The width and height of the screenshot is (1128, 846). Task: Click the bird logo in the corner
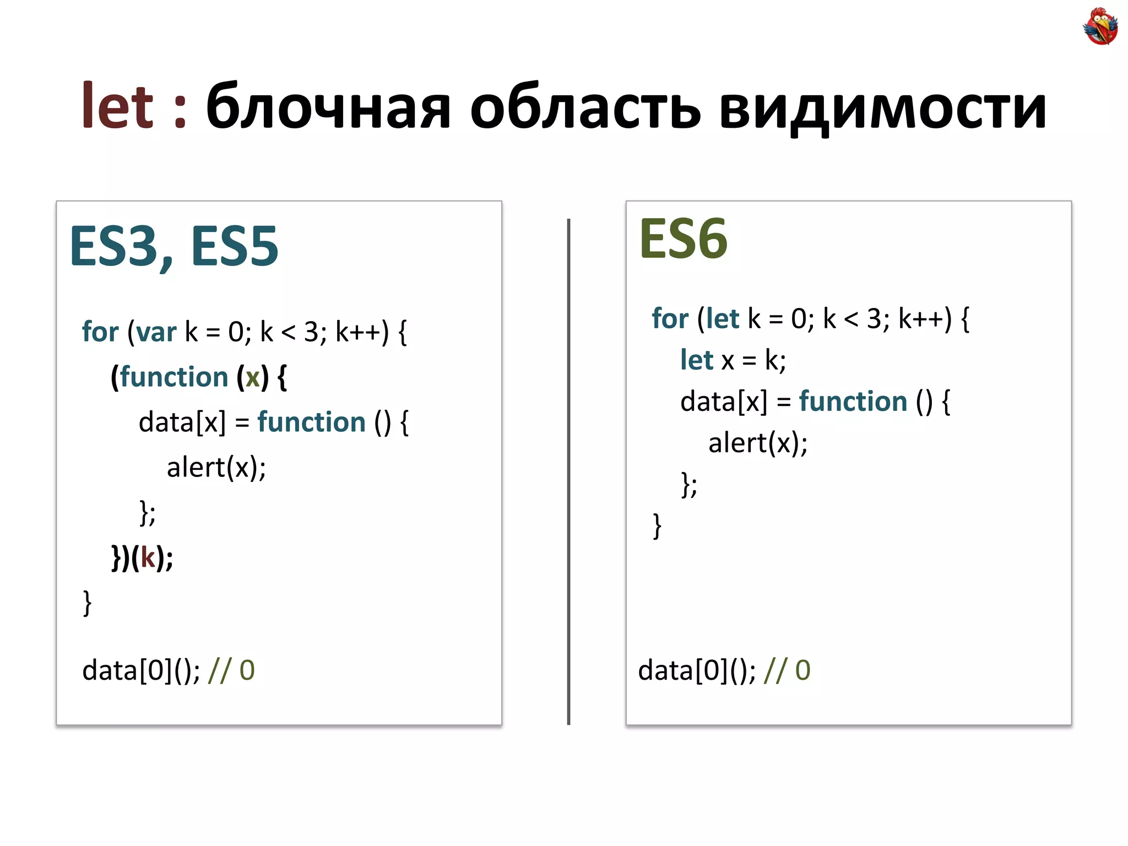(1100, 26)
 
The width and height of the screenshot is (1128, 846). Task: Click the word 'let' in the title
(117, 106)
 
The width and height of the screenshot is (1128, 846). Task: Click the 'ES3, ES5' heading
(173, 247)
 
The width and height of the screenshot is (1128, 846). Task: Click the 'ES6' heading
(683, 239)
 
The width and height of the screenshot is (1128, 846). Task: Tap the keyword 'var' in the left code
(156, 332)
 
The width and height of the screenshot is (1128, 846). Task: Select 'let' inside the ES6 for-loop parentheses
(722, 318)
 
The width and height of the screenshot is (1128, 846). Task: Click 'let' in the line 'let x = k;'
(696, 360)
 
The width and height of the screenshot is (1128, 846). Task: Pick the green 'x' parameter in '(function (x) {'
(253, 377)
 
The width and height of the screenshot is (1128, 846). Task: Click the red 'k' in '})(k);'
(148, 557)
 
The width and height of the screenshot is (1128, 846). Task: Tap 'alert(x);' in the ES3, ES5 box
(216, 468)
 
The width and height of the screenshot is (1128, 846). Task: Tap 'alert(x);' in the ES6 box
(757, 443)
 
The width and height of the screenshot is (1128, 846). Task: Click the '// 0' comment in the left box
(231, 671)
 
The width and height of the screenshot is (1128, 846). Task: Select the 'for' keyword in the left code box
(100, 332)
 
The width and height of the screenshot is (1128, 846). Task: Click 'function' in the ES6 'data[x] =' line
(853, 402)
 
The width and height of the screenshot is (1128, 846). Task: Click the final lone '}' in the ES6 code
(657, 526)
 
